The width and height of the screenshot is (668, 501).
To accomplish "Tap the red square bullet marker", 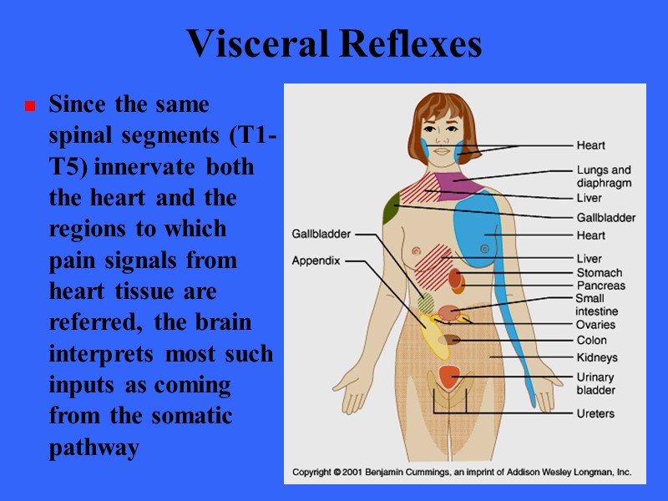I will (x=29, y=107).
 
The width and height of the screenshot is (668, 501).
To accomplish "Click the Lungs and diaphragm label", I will (x=603, y=176).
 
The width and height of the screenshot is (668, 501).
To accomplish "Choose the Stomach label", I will (x=599, y=272).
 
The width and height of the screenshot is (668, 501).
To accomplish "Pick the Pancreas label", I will (x=600, y=286).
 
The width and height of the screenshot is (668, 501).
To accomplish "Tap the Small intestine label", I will (x=596, y=305).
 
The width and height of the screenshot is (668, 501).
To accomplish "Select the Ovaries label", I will (x=595, y=325).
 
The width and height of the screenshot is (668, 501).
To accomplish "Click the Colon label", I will (x=591, y=341).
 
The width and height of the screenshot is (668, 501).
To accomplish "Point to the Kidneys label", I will (x=597, y=358).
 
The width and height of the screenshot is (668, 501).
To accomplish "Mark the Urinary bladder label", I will (x=595, y=383).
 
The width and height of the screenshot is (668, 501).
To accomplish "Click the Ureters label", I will (x=595, y=413).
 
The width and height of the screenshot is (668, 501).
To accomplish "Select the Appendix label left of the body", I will (x=316, y=261).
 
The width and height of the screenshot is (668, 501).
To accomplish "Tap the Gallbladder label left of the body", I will (x=321, y=234).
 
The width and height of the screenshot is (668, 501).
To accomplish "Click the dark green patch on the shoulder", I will (x=390, y=209).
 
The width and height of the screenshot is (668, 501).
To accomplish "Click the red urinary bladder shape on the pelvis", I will (x=449, y=377).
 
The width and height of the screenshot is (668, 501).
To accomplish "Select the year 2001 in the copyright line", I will (x=362, y=473).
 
